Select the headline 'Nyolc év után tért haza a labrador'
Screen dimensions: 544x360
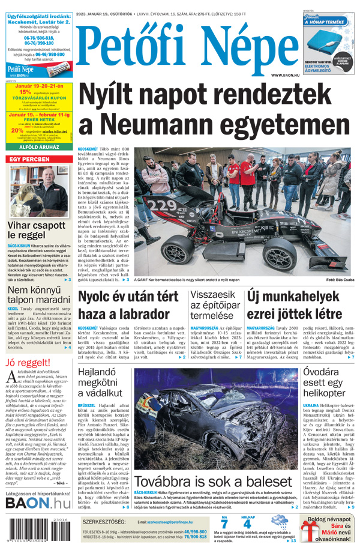[128, 306]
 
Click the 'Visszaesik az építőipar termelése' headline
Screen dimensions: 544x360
[215, 306]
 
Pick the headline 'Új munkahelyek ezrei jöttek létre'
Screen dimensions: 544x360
[302, 306]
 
